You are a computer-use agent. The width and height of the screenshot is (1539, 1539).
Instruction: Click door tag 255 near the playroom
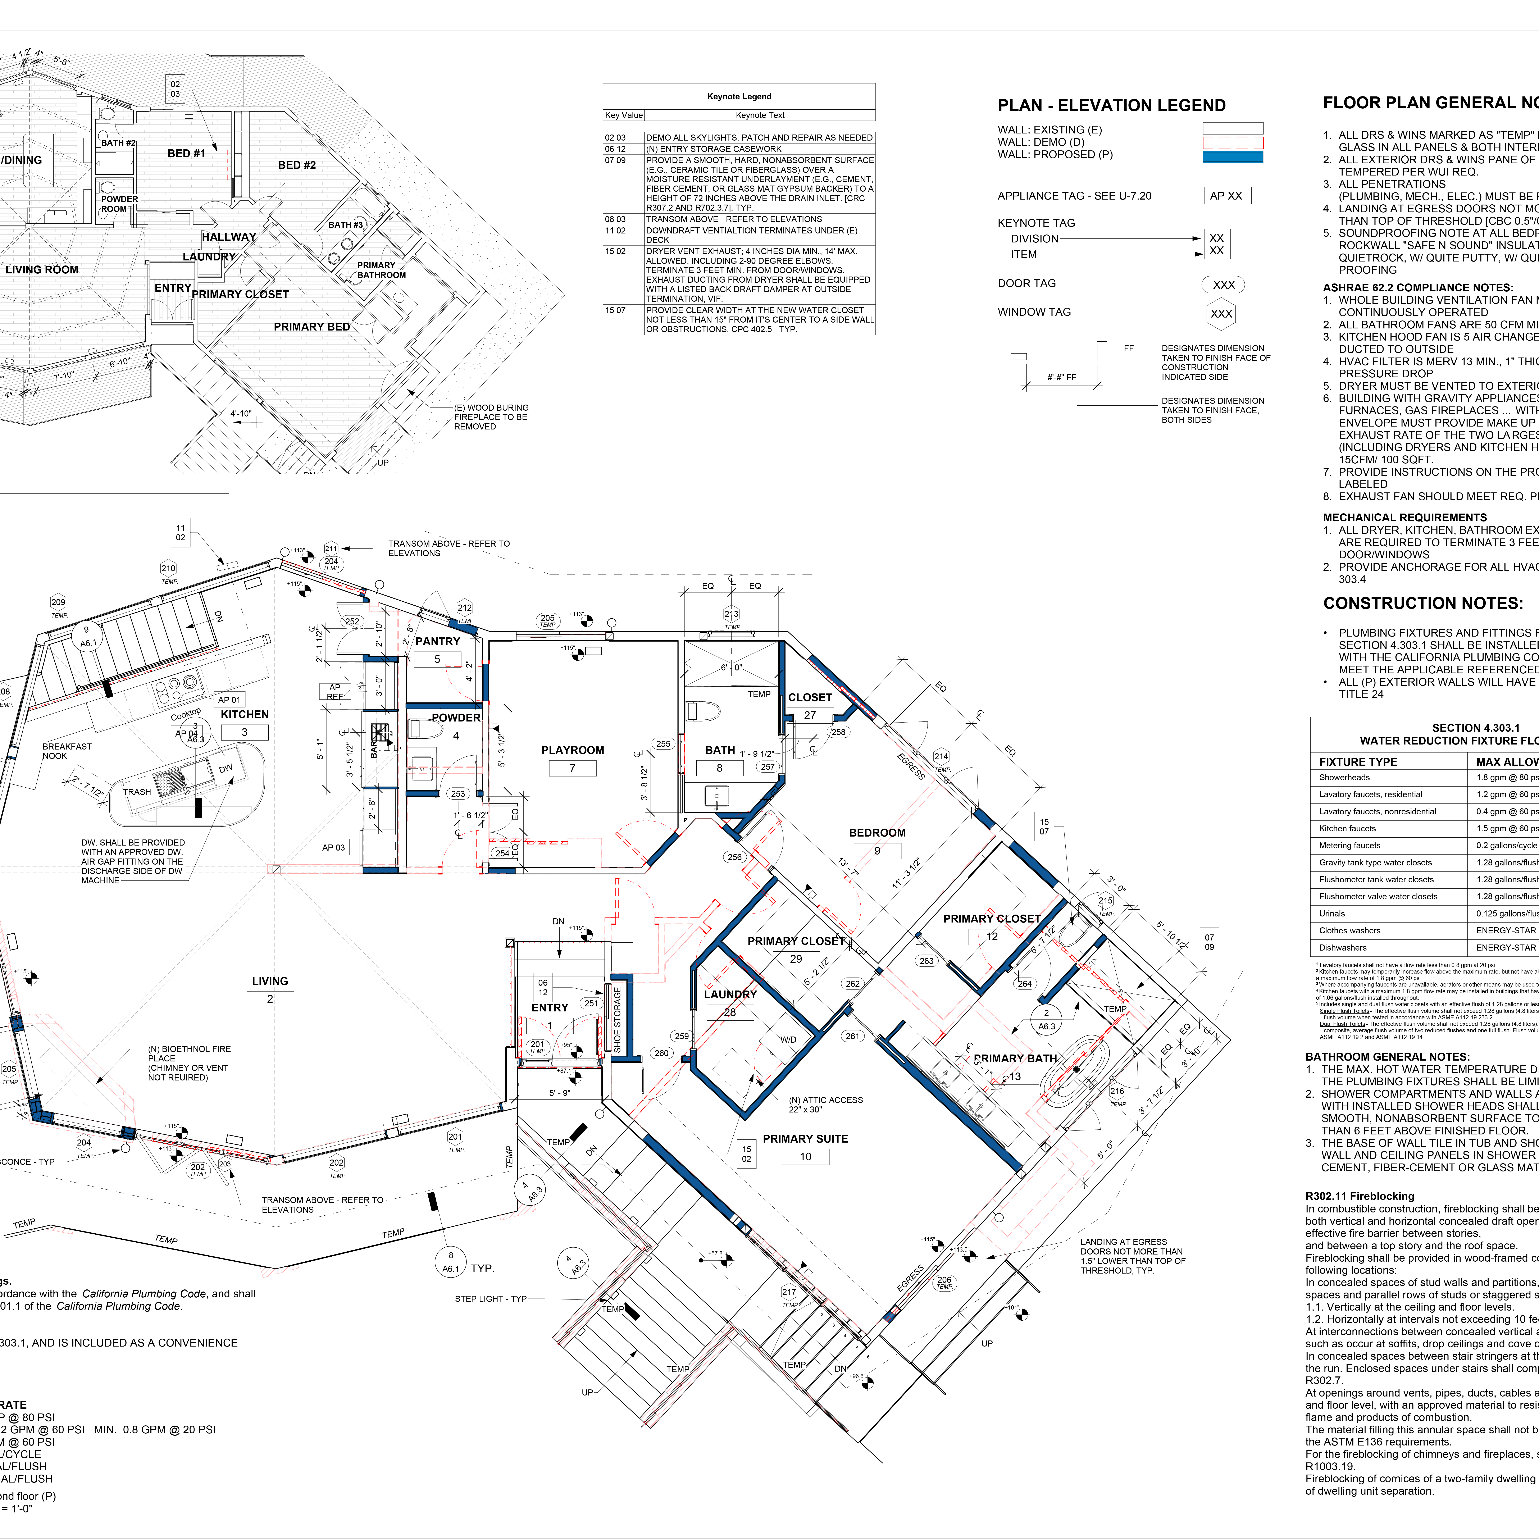click(x=663, y=744)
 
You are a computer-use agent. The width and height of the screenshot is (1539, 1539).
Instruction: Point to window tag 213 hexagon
click(x=731, y=614)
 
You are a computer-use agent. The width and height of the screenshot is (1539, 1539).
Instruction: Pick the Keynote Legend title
click(x=739, y=96)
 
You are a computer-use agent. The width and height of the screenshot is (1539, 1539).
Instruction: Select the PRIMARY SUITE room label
click(x=805, y=1139)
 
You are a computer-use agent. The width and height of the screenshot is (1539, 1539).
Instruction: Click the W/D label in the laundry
click(x=788, y=1039)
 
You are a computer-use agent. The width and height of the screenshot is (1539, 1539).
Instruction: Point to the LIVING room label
click(x=270, y=981)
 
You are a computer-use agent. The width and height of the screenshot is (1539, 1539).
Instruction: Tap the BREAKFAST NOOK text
click(x=67, y=751)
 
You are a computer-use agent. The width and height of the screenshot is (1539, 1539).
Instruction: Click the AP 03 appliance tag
click(x=334, y=848)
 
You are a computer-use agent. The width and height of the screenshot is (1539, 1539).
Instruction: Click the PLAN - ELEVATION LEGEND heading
click(x=1111, y=106)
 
